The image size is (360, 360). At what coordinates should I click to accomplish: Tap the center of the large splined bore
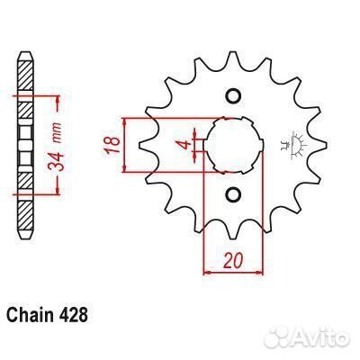point(232,144)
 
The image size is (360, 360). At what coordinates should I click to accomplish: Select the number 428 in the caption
point(74,317)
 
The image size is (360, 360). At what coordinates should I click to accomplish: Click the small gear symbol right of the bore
point(289,145)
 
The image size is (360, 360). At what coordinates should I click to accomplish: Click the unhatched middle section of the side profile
point(28,144)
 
